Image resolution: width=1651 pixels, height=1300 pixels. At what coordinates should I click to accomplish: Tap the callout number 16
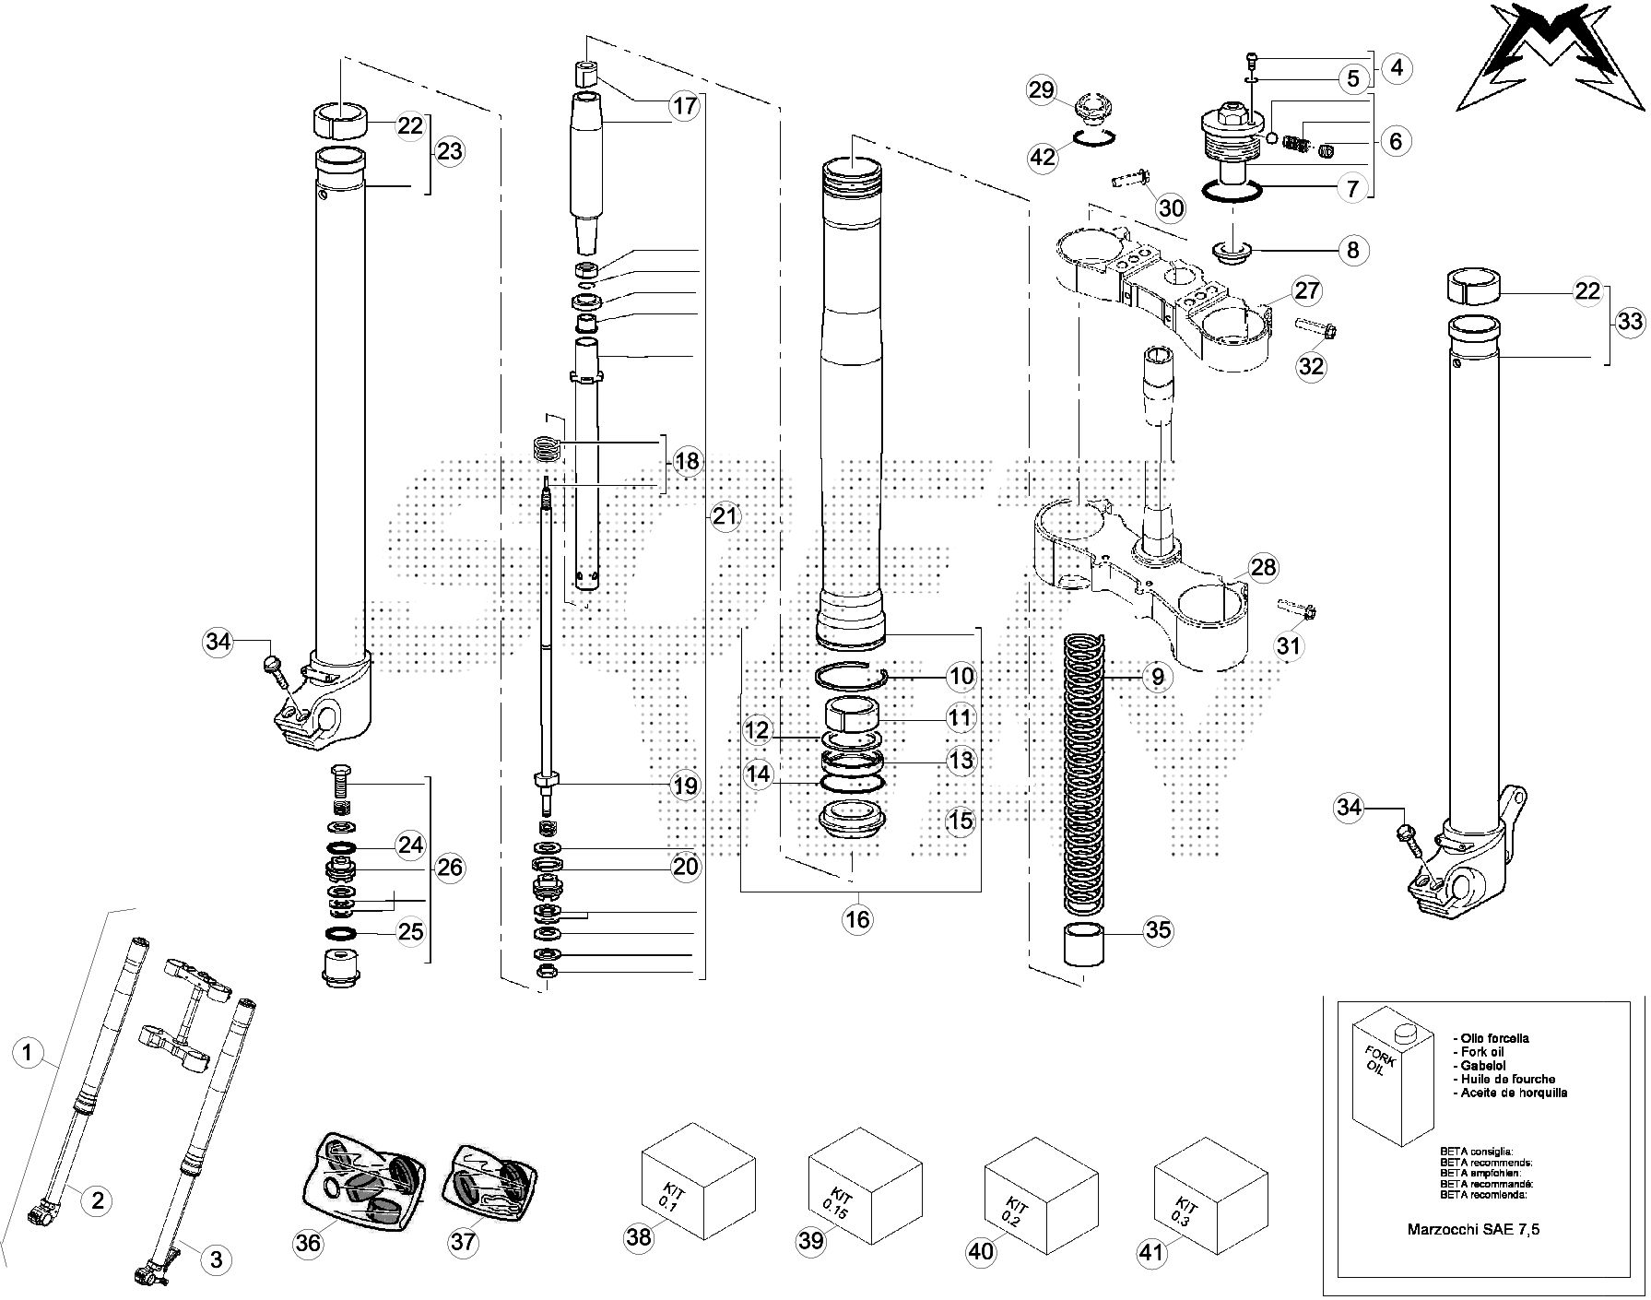click(x=857, y=918)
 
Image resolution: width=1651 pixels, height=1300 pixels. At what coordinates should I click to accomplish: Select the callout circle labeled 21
click(x=725, y=516)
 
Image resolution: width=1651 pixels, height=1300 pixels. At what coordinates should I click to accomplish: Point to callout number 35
click(x=1158, y=930)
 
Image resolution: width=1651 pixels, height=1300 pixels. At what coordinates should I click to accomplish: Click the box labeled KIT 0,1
click(x=697, y=1180)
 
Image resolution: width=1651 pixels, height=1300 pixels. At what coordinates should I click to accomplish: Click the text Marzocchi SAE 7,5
click(x=1473, y=1229)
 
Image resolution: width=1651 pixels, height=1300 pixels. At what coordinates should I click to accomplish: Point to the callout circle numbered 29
click(x=1041, y=90)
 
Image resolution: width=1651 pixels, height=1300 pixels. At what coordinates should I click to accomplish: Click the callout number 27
click(x=1306, y=291)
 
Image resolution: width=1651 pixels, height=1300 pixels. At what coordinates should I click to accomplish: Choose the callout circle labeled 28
click(x=1262, y=567)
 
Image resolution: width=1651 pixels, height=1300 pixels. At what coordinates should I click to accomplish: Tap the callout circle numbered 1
click(x=29, y=1053)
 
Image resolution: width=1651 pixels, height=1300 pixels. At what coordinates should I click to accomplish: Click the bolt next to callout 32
click(x=1316, y=327)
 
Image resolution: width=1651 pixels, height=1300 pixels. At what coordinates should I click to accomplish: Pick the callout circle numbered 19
click(x=685, y=786)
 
